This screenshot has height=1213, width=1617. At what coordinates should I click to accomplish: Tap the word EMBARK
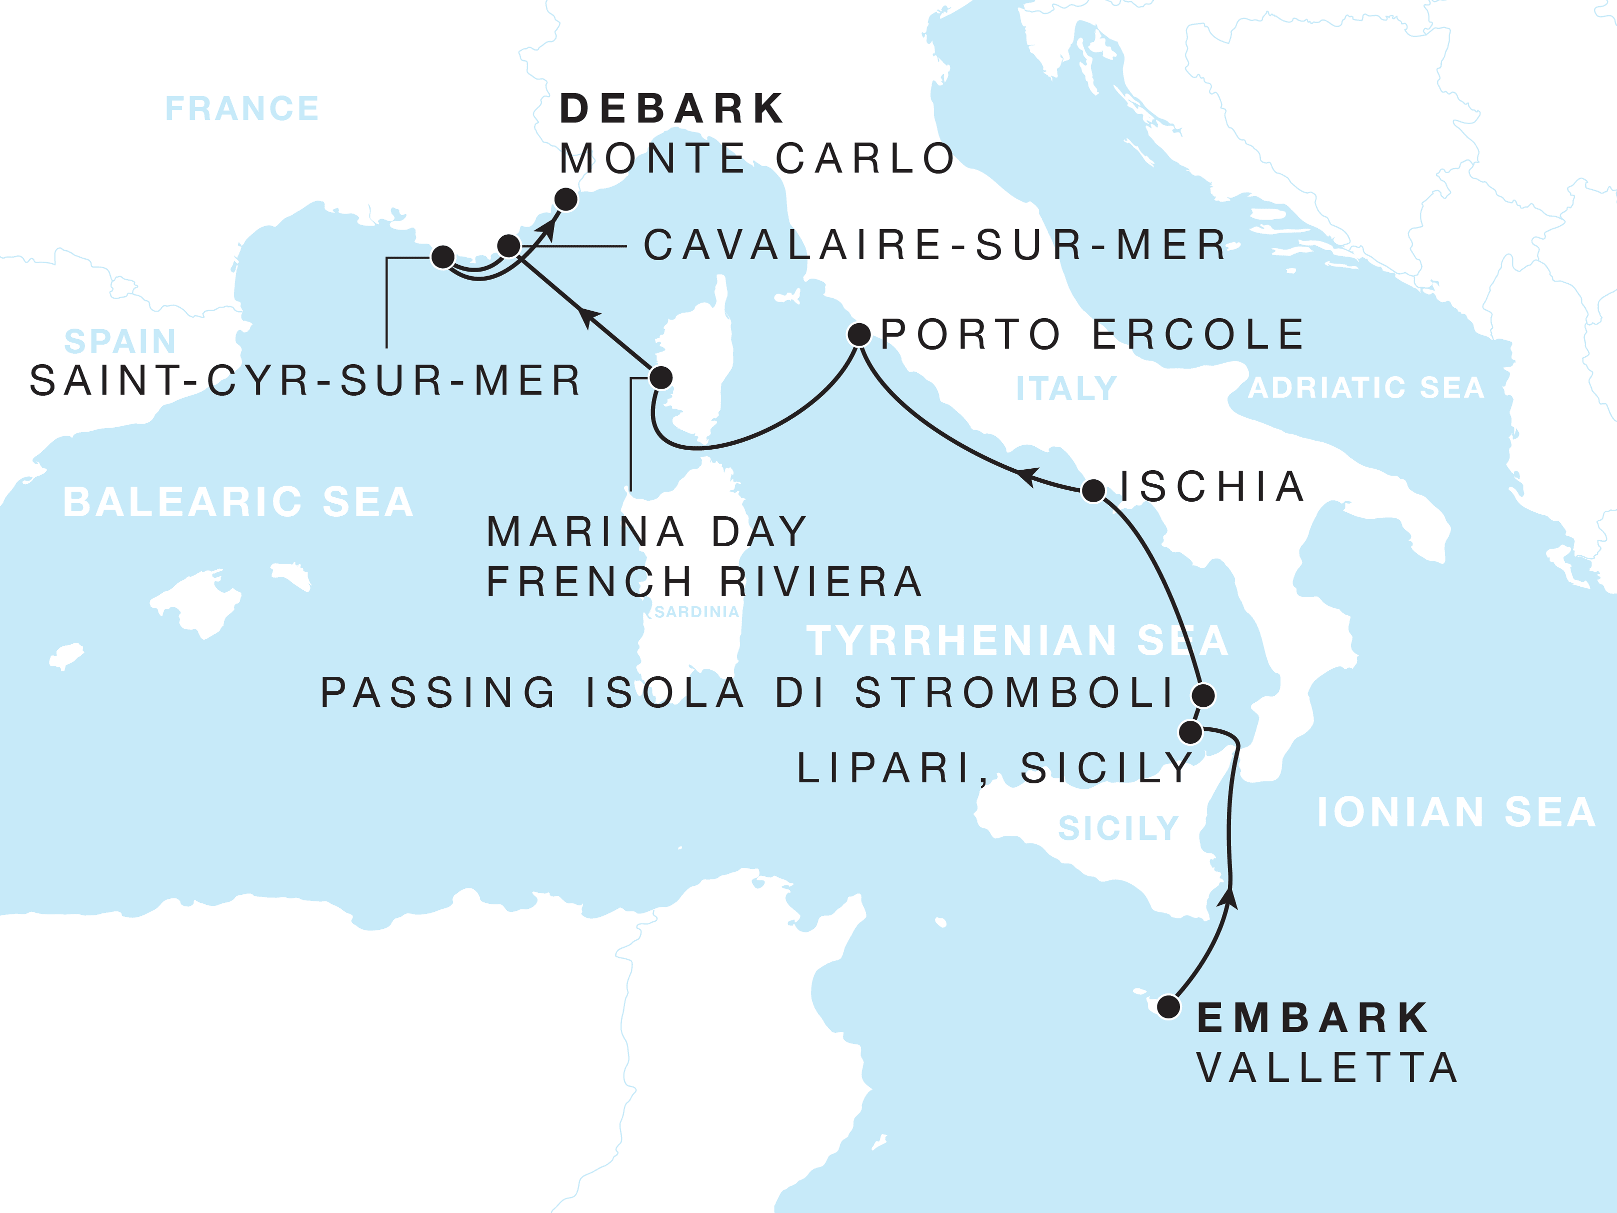(1312, 1018)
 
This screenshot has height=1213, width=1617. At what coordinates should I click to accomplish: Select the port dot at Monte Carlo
(566, 199)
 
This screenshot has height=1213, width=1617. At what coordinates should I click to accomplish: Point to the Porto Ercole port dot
(859, 335)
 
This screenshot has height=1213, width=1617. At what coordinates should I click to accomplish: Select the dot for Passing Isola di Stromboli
(1203, 695)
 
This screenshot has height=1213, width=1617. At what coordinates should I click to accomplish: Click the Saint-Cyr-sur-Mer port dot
(443, 257)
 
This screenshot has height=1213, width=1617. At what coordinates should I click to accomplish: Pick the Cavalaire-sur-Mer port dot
(509, 245)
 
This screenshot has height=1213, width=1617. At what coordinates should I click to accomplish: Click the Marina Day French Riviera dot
(661, 377)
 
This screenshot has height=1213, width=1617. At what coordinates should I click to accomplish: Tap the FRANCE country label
(242, 109)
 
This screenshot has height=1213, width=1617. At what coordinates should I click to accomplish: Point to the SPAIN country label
(120, 342)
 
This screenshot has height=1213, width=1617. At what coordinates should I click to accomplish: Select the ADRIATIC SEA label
(1365, 388)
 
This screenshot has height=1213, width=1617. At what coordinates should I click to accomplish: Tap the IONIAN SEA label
(1455, 812)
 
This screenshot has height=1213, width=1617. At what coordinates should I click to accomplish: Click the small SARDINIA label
(696, 612)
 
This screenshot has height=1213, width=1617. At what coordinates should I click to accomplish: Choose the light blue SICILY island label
(1118, 828)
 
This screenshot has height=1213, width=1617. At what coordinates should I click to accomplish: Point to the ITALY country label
(1066, 388)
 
